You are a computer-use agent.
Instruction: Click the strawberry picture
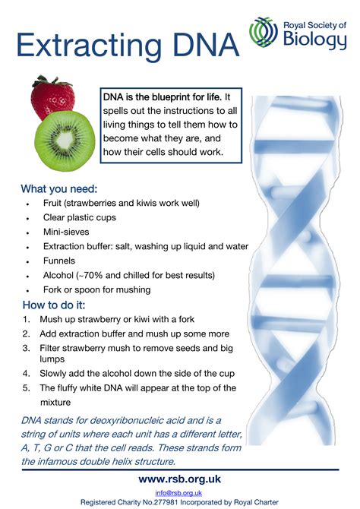pyautogui.click(x=52, y=98)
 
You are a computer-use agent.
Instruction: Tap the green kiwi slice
pyautogui.click(x=65, y=141)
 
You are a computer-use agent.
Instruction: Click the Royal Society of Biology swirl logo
pyautogui.click(x=264, y=33)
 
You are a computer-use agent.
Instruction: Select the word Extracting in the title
pyautogui.click(x=89, y=45)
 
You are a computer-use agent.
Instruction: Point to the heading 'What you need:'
pyautogui.click(x=59, y=188)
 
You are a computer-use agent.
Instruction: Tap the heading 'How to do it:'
pyautogui.click(x=54, y=305)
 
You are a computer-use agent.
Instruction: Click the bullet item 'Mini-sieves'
pyautogui.click(x=66, y=232)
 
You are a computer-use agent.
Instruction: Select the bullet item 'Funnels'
pyautogui.click(x=59, y=261)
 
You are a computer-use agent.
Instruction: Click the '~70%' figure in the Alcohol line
pyautogui.click(x=90, y=275)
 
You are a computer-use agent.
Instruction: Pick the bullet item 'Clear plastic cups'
pyautogui.click(x=80, y=217)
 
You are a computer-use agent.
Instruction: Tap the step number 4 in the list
pyautogui.click(x=26, y=374)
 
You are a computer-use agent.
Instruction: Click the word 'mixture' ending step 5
pyautogui.click(x=55, y=403)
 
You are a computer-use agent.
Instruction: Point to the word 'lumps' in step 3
pyautogui.click(x=52, y=359)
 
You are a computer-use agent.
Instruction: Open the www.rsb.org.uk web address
pyautogui.click(x=179, y=479)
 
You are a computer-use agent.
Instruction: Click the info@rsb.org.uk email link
pyautogui.click(x=178, y=493)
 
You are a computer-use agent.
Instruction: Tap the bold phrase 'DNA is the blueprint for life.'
pyautogui.click(x=163, y=97)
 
